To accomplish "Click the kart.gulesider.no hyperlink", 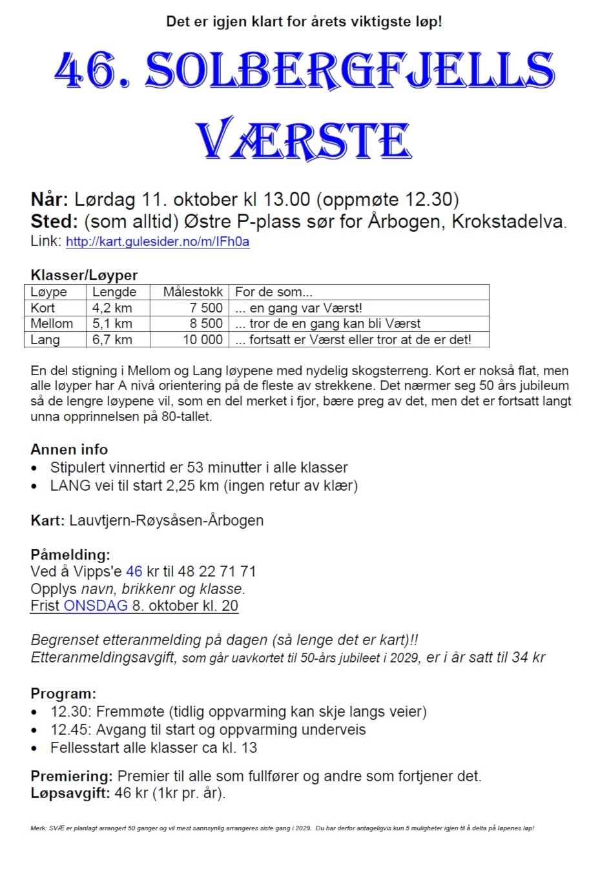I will click(x=158, y=242).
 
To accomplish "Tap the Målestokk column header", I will click(x=192, y=292).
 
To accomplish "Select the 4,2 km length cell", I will click(x=112, y=308).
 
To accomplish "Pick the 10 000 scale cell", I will click(x=203, y=340).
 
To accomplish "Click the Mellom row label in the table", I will click(x=52, y=323).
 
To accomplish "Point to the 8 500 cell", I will click(x=206, y=323).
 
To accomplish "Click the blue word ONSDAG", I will click(x=96, y=606).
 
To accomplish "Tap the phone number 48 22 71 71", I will click(x=217, y=571).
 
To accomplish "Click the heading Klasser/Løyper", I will click(x=84, y=275).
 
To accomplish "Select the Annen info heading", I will click(x=69, y=449).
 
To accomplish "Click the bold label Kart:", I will click(x=47, y=520).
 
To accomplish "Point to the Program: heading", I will click(x=63, y=694).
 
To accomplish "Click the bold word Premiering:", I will click(x=72, y=776).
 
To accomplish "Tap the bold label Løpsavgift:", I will click(x=70, y=793).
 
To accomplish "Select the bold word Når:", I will click(x=49, y=199).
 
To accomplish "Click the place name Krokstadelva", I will click(x=508, y=221).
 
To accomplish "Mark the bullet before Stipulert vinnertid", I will click(x=35, y=468).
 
